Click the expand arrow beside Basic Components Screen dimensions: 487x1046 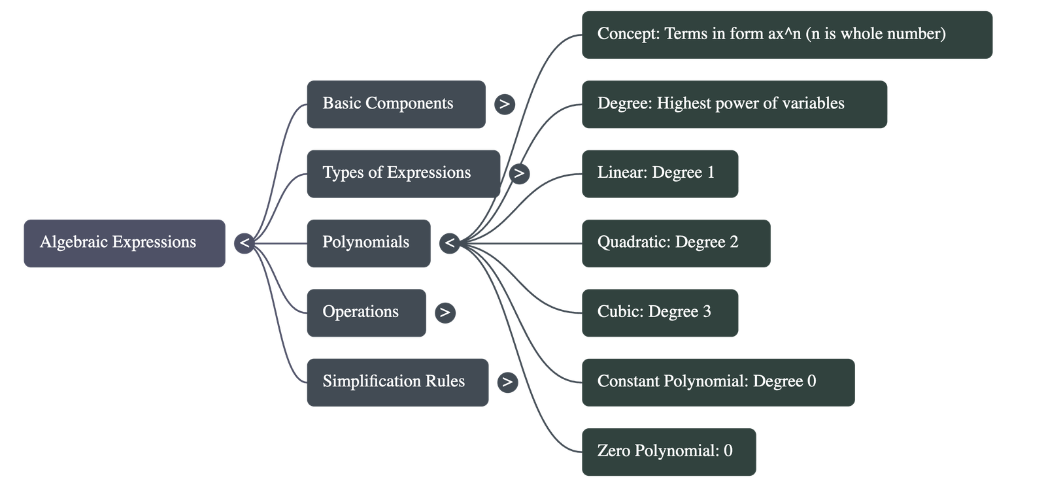[x=504, y=104]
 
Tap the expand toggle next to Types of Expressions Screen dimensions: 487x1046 [x=519, y=173]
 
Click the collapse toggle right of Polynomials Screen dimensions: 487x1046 [x=449, y=243]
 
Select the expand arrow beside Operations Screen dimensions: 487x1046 [x=445, y=312]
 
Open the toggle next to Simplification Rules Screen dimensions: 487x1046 [x=507, y=382]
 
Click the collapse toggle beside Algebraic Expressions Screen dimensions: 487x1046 [x=244, y=243]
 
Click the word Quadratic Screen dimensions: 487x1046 [x=632, y=243]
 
